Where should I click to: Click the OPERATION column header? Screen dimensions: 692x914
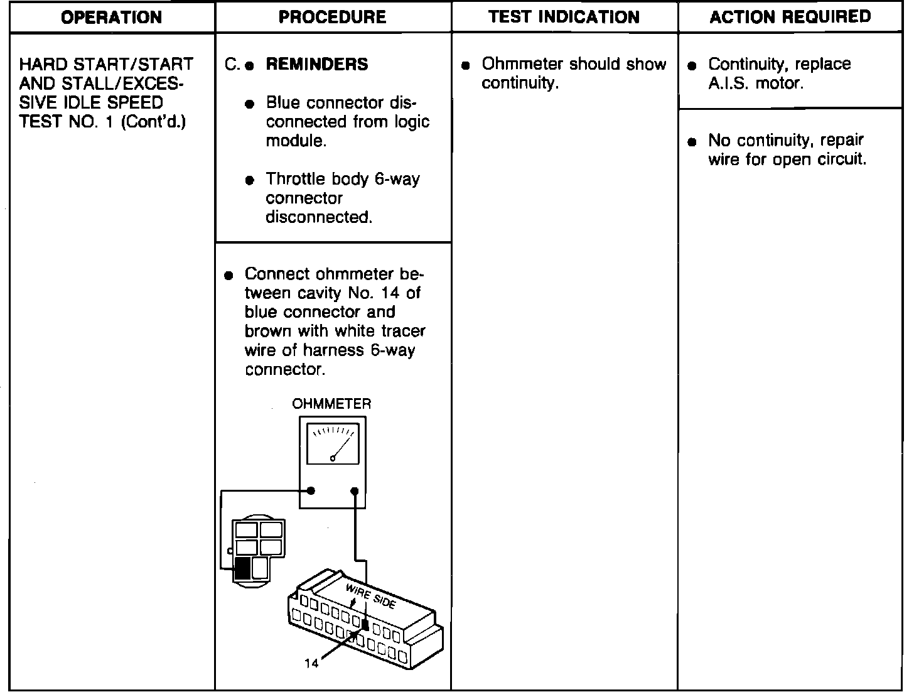(111, 17)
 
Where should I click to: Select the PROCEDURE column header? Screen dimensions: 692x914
(332, 17)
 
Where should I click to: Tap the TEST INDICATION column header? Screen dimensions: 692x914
(564, 17)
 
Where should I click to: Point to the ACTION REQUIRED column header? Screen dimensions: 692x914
(790, 17)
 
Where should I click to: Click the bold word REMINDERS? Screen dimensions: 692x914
(317, 64)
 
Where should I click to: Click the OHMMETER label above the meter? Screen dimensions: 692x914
(331, 404)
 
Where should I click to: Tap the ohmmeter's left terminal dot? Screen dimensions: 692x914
(311, 490)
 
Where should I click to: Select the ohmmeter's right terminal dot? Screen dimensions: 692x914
(355, 490)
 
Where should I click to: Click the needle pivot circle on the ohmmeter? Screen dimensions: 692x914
(333, 458)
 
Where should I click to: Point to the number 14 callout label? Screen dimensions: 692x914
(311, 664)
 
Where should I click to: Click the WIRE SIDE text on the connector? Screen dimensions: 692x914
(370, 595)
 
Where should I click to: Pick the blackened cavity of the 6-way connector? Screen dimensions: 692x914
(242, 568)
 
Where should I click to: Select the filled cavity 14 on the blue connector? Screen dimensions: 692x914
(365, 625)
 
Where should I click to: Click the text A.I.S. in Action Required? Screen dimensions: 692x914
(728, 84)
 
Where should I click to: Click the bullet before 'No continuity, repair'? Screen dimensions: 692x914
(692, 142)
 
